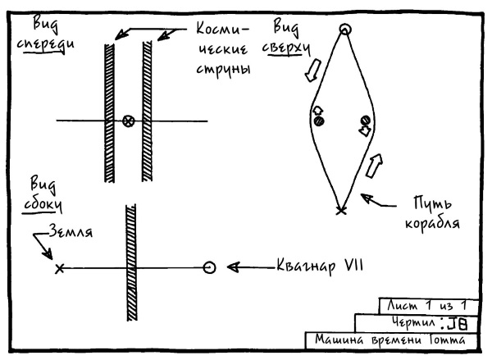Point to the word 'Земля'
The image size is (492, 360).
[73, 232]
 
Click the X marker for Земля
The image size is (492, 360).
[59, 267]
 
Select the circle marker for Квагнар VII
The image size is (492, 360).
[209, 267]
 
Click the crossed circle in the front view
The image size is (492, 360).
[127, 121]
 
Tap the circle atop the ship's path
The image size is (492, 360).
[345, 30]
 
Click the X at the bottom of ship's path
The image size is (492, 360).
[341, 210]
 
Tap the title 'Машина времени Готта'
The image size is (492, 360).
[389, 339]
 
